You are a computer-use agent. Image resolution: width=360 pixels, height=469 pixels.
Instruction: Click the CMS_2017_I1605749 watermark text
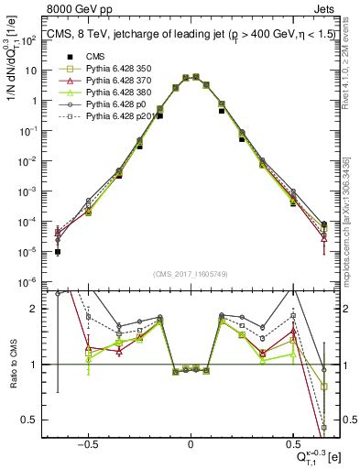(191, 274)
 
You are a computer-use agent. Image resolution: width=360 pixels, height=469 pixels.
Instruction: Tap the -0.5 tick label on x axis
(88, 442)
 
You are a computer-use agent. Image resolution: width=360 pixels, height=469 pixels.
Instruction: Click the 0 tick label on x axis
(191, 442)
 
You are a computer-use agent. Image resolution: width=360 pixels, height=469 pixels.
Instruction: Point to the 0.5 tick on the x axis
(292, 442)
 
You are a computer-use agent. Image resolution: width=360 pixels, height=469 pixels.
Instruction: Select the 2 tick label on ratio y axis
(38, 309)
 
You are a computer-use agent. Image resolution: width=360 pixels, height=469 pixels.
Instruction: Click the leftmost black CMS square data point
(58, 252)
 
